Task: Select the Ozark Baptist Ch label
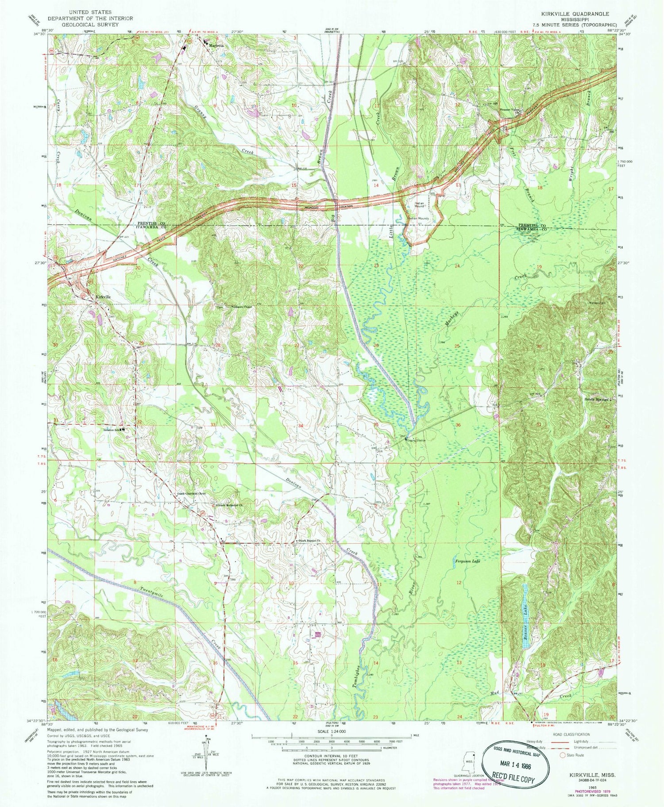(x=310, y=542)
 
